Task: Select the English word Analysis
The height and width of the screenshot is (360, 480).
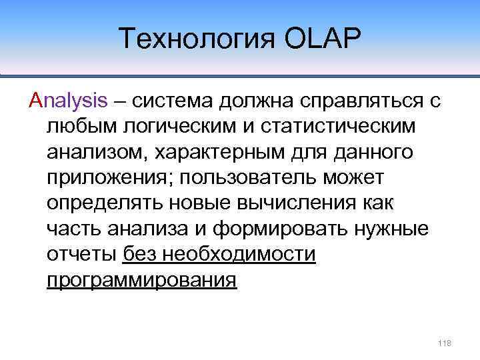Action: [68, 101]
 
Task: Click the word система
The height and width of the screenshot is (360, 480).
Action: [176, 101]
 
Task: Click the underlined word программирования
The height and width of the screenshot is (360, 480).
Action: [142, 280]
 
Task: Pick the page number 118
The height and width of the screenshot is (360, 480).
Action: [444, 343]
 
